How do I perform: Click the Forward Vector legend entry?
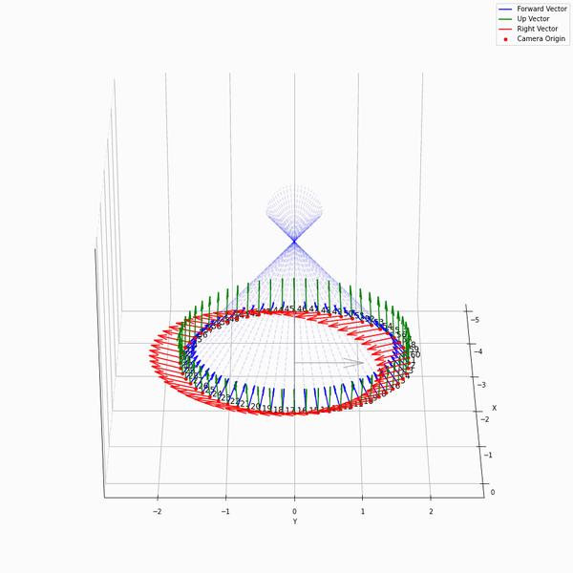pos(541,9)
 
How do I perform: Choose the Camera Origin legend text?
pos(541,39)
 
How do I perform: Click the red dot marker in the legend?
pos(505,39)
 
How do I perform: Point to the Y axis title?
pos(294,521)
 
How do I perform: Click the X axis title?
pos(494,408)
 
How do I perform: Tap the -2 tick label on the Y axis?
pos(158,512)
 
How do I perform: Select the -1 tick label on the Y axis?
pos(225,512)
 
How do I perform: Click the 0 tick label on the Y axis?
pos(294,512)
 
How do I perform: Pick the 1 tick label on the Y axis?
pos(362,512)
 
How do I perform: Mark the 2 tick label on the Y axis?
pos(431,512)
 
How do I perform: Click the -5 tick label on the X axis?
pos(477,320)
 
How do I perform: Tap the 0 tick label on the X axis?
pos(492,492)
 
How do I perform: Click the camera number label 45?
pos(288,309)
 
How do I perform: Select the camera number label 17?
pos(289,410)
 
